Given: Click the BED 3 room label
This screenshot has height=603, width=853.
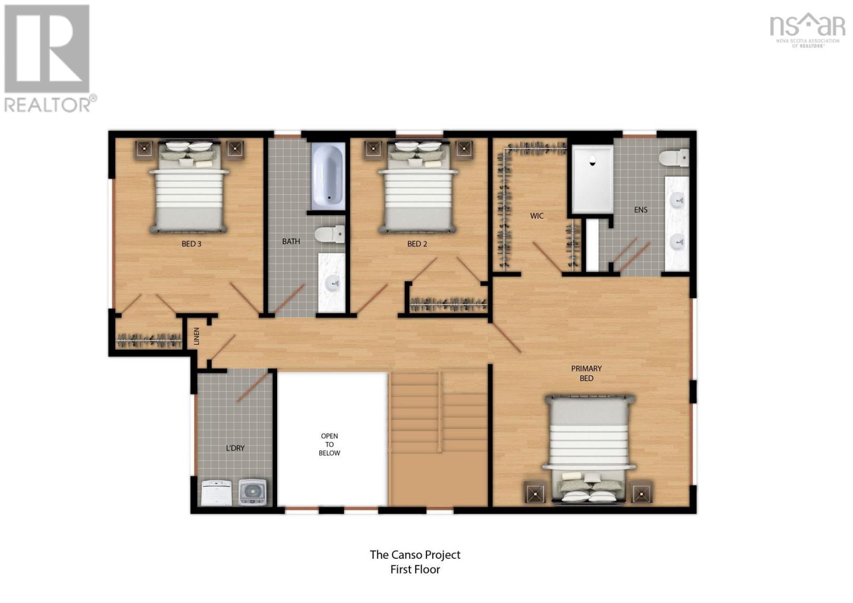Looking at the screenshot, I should [191, 244].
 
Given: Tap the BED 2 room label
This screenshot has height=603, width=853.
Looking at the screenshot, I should [417, 244].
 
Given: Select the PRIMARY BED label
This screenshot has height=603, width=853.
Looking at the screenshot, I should [586, 373].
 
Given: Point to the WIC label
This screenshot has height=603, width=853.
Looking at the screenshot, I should [536, 216].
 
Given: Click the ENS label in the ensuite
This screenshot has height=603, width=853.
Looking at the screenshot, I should [640, 210].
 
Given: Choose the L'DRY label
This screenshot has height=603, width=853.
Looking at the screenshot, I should [235, 448].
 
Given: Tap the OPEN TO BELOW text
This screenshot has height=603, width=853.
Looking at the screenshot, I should [329, 444].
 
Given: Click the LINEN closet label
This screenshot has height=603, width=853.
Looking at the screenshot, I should [197, 336].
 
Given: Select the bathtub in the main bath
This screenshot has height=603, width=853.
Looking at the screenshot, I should [327, 175].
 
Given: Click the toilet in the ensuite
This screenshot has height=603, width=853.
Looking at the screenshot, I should [673, 158].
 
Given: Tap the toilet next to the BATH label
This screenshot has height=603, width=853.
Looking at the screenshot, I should [329, 234].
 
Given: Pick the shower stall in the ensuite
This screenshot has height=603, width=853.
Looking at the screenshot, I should [592, 180].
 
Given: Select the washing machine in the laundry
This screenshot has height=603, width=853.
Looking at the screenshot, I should [252, 492].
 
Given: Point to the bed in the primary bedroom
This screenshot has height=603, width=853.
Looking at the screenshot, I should [589, 448].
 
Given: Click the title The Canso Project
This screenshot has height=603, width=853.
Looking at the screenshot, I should [415, 554].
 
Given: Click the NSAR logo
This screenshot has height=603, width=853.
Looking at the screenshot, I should [807, 29].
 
